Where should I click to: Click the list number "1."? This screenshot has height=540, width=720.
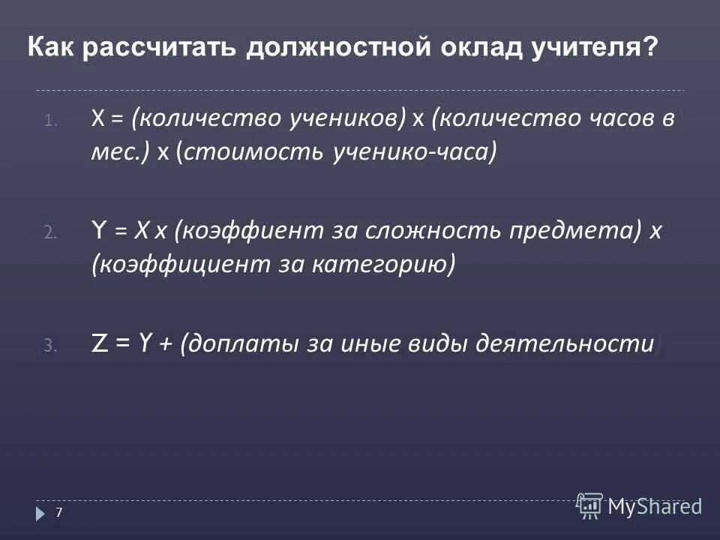tap(49, 120)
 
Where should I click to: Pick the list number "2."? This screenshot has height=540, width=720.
tap(49, 233)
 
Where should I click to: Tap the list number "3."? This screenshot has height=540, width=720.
tap(49, 346)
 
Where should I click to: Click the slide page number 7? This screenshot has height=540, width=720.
tap(59, 512)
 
